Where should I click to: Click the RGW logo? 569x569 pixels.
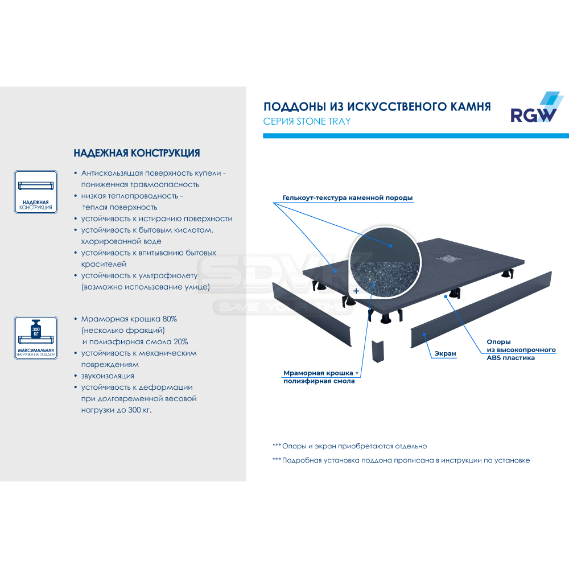[537, 107]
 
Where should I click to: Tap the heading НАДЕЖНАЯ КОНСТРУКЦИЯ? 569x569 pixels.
[137, 153]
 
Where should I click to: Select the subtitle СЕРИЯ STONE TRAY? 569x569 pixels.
[307, 121]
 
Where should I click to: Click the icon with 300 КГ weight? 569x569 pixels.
[36, 337]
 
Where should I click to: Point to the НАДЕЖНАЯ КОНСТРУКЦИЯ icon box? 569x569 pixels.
[36, 192]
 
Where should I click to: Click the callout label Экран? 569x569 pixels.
[446, 353]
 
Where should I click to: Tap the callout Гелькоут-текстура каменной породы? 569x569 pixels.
[348, 198]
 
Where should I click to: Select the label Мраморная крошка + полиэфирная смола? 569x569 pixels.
[321, 377]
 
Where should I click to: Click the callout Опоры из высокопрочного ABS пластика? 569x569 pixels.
[521, 350]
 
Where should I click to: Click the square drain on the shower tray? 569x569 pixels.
[449, 258]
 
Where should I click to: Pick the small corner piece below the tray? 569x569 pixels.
[378, 351]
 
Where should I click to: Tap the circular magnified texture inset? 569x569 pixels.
[385, 262]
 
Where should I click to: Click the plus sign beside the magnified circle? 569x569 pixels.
[356, 291]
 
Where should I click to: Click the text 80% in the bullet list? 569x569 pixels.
[170, 319]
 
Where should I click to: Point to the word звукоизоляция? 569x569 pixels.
[108, 376]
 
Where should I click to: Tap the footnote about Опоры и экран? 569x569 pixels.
[349, 446]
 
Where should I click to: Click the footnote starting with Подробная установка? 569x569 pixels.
[401, 460]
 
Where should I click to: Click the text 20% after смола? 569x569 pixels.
[181, 342]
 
